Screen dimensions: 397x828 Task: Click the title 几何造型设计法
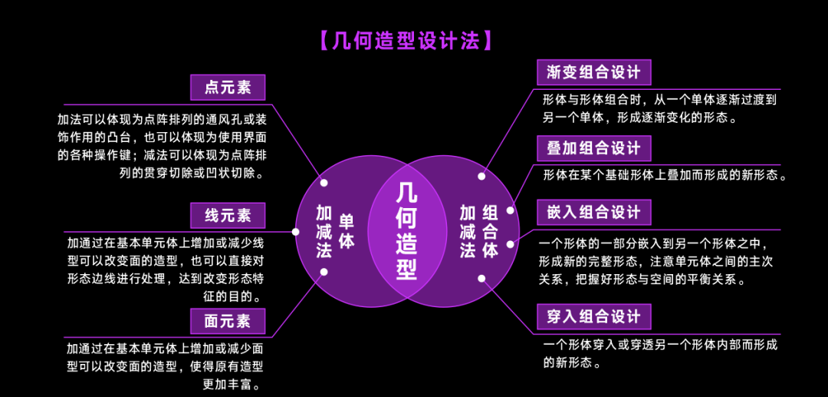[404, 41]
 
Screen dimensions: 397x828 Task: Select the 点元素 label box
[228, 88]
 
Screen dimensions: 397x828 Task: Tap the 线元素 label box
[228, 216]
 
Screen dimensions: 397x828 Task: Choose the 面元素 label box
[228, 321]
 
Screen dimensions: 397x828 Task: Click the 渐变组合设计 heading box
[593, 72]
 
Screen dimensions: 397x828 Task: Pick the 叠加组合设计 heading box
[593, 148]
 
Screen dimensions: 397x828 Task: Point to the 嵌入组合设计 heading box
[593, 212]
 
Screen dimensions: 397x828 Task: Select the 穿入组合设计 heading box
[593, 316]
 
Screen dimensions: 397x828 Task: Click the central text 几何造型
[407, 230]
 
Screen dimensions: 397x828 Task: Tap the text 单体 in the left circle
[347, 230]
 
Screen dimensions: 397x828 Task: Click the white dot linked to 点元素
[324, 183]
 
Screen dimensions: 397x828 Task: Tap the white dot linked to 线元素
[296, 231]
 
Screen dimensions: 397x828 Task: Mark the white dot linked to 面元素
[324, 271]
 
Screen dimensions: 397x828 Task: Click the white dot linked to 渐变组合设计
[481, 176]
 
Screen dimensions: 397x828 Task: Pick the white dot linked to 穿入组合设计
[481, 278]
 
